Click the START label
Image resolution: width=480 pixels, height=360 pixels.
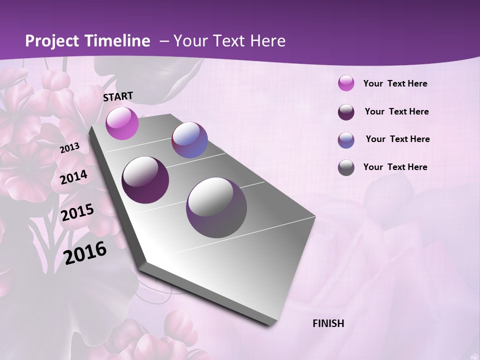(118, 96)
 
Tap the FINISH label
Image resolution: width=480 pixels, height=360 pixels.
(328, 323)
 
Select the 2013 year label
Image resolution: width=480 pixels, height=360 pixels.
(69, 148)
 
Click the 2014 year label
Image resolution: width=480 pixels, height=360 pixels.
(73, 177)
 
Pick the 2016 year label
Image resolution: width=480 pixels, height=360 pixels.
(85, 252)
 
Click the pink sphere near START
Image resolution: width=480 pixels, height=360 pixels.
(122, 123)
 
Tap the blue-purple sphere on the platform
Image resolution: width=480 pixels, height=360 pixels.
(189, 140)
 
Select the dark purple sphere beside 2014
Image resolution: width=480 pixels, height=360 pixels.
(145, 179)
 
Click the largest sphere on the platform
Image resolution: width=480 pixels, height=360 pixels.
(216, 207)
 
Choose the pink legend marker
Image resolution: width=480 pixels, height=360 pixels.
(346, 83)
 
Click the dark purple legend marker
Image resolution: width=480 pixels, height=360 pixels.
(346, 112)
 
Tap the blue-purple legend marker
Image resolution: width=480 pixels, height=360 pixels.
(346, 140)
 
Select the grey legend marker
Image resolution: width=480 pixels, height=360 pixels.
(346, 167)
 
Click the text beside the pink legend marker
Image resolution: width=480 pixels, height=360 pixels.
(395, 83)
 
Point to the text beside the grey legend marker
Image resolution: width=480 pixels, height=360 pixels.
(395, 167)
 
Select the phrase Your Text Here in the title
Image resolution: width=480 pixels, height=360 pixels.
(229, 41)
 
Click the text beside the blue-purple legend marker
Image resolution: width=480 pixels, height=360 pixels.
(397, 139)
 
